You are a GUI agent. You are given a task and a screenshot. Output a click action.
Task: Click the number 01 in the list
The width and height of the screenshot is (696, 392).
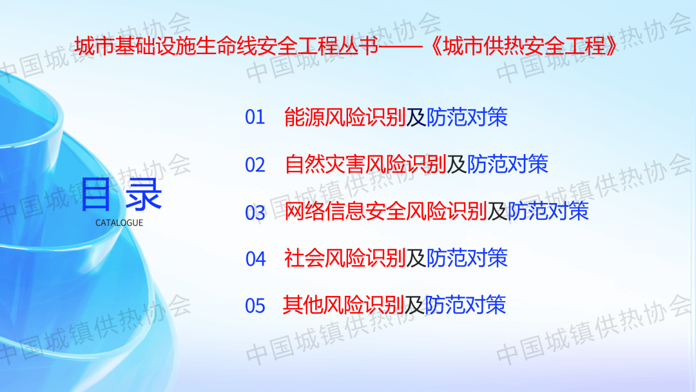coord(255,117)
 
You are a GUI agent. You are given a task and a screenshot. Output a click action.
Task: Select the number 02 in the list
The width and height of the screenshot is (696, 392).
coord(255,164)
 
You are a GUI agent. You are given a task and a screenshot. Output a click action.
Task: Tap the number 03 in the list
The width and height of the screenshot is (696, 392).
coord(255,212)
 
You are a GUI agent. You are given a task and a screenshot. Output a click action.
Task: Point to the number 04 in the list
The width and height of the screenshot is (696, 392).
coord(256,259)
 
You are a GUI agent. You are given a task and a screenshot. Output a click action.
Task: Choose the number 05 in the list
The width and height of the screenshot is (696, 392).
coord(255,306)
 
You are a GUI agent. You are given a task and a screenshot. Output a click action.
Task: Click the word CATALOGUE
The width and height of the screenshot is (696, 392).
coord(119,223)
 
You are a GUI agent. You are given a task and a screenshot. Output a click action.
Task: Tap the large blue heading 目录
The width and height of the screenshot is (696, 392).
coord(121,195)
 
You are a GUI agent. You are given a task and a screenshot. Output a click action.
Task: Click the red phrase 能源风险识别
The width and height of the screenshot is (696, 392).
coord(345,117)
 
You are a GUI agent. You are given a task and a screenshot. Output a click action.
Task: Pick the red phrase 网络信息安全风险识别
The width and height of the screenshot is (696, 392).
coord(386,211)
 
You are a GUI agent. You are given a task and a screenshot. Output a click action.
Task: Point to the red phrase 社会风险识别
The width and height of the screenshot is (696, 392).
coord(345,259)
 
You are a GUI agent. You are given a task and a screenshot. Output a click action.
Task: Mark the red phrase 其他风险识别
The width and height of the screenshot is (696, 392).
coord(343,305)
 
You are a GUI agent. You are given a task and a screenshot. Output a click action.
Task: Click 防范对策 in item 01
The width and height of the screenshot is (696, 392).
coord(467,117)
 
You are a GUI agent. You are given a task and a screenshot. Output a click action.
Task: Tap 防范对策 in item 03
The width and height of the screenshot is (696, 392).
coord(548,211)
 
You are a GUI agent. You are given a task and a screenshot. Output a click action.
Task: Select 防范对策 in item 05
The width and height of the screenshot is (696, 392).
coord(465,305)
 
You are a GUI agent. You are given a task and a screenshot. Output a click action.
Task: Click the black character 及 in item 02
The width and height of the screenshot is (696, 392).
coord(457,164)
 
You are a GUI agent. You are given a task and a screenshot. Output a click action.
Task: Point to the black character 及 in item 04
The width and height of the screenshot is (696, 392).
coord(416,259)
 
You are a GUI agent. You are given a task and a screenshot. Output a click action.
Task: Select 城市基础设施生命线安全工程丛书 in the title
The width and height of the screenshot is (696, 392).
coord(226,46)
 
